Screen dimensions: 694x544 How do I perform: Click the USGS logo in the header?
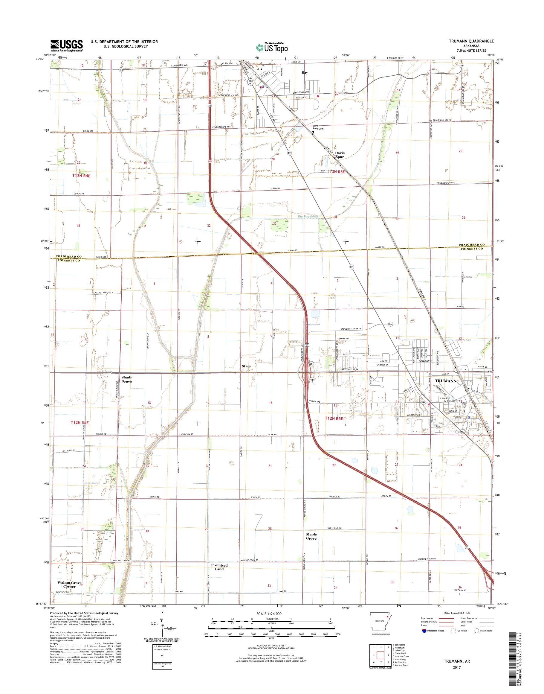[66, 45]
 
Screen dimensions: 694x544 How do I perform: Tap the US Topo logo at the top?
[272, 47]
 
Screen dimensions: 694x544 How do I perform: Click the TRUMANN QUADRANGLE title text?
[472, 41]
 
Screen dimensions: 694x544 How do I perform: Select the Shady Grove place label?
[126, 379]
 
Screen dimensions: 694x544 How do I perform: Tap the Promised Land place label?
[219, 567]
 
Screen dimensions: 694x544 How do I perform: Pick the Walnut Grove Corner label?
[70, 584]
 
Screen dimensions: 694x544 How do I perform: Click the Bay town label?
[305, 73]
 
